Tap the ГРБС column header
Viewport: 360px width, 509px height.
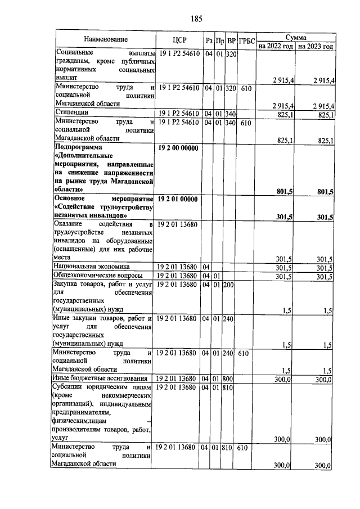pos(246,40)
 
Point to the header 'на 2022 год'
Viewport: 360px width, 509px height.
pos(276,46)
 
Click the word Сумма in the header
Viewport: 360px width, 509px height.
pos(295,36)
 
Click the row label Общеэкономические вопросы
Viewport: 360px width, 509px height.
pos(97,276)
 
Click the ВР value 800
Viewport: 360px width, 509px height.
pos(229,378)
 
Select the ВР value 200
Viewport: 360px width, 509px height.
pos(229,285)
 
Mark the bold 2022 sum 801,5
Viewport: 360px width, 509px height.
pos(285,191)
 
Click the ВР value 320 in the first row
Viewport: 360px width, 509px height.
pos(229,54)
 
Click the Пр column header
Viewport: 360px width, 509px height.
pos(219,40)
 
